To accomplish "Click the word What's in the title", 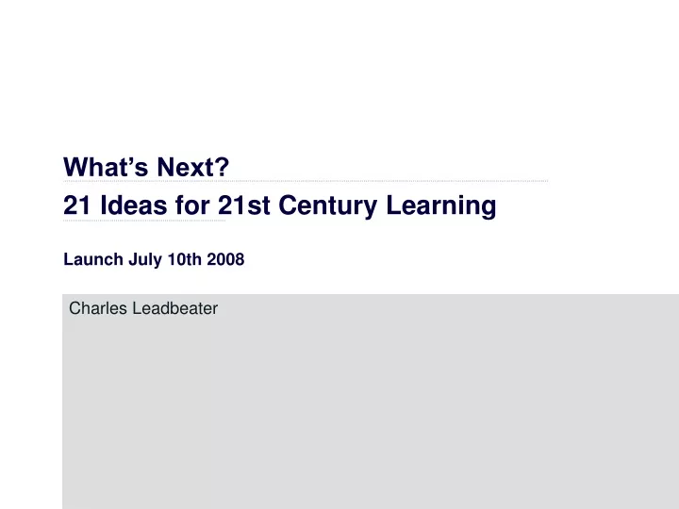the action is (x=106, y=167).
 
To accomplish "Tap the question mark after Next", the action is (x=222, y=167).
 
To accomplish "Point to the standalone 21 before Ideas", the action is (x=76, y=205).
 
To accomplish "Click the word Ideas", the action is (x=133, y=205).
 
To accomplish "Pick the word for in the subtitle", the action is (x=192, y=205).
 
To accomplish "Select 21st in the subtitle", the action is (x=244, y=205).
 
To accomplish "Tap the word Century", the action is (x=328, y=206).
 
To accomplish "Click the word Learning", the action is (x=440, y=206).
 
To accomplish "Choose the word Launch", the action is (x=93, y=260).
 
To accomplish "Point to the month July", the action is (x=145, y=260).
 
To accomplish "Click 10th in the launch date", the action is (x=185, y=260).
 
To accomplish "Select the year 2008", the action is (x=225, y=260).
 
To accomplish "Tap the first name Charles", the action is (x=98, y=308).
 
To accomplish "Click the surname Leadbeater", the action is (x=175, y=308).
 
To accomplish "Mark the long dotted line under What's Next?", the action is (x=306, y=181).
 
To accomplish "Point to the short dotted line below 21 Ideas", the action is (x=144, y=221).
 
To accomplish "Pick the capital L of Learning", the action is (x=393, y=205).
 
